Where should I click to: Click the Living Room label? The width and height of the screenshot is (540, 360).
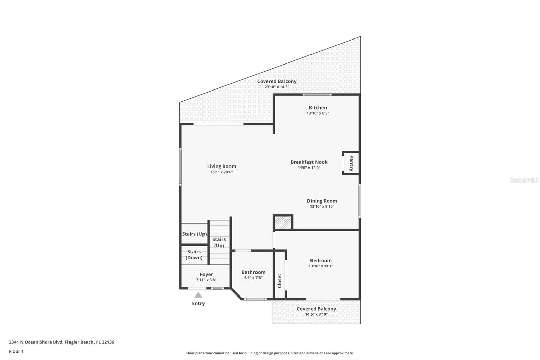pyautogui.click(x=221, y=166)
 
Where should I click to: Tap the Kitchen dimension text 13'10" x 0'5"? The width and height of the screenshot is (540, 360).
pyautogui.click(x=318, y=113)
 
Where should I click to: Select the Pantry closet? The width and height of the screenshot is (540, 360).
pyautogui.click(x=351, y=163)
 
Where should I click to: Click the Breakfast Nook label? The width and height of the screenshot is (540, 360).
pyautogui.click(x=309, y=162)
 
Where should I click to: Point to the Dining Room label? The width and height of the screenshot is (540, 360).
pyautogui.click(x=322, y=201)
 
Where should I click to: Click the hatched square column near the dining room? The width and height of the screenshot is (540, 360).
pyautogui.click(x=283, y=223)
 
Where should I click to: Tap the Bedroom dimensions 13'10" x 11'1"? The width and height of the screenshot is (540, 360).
pyautogui.click(x=321, y=266)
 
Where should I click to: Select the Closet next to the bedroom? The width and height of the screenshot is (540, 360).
pyautogui.click(x=279, y=280)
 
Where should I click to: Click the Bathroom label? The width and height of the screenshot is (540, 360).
pyautogui.click(x=253, y=272)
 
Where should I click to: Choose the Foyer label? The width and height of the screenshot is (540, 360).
pyautogui.click(x=206, y=274)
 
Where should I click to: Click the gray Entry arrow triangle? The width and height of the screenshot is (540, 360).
pyautogui.click(x=198, y=295)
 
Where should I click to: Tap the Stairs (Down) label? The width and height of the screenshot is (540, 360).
pyautogui.click(x=194, y=254)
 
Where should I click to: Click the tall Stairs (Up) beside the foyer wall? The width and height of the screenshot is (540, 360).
pyautogui.click(x=219, y=242)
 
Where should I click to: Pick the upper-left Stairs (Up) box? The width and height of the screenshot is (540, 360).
pyautogui.click(x=194, y=234)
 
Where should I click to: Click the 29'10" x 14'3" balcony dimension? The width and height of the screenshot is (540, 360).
pyautogui.click(x=276, y=87)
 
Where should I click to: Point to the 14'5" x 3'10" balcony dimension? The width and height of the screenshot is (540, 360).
pyautogui.click(x=316, y=314)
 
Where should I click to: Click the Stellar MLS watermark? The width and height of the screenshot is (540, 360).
pyautogui.click(x=524, y=180)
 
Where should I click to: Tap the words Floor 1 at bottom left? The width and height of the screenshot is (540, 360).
pyautogui.click(x=16, y=351)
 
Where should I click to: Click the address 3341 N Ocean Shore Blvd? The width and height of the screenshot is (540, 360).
pyautogui.click(x=61, y=342)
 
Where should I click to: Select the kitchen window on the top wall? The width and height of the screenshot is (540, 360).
pyautogui.click(x=317, y=95)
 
